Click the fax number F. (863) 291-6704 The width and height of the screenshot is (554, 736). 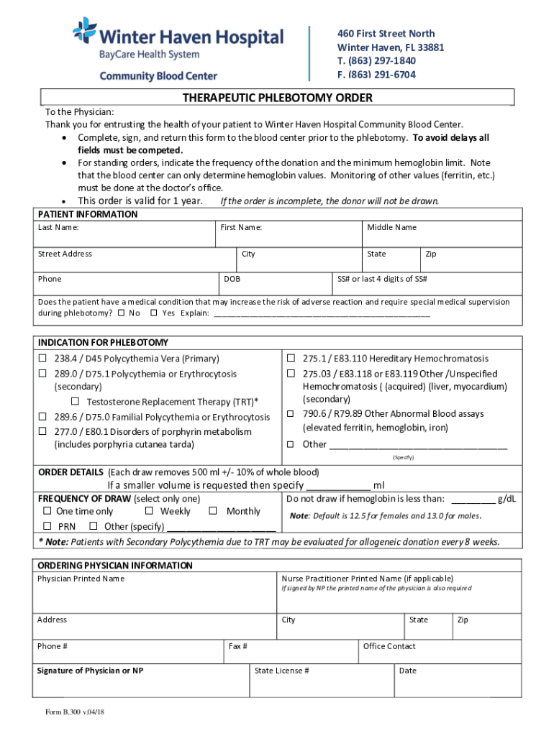coord(376,75)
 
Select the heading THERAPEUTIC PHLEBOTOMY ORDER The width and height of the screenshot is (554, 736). coord(277,98)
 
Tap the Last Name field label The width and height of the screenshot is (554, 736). coord(58,228)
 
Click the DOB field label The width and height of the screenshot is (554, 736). coord(232,279)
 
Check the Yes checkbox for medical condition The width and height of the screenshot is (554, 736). coord(154,313)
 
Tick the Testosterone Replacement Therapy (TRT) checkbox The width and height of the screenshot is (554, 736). coord(76,401)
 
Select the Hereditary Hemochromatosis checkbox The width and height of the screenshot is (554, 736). coord(291,358)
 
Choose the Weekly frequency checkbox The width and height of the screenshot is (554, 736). coord(149,511)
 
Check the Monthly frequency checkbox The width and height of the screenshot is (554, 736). coord(213,511)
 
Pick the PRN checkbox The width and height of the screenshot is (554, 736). coord(47,526)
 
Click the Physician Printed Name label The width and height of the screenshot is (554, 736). coord(81,579)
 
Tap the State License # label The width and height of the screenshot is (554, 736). coord(282,671)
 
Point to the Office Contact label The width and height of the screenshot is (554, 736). coord(389,646)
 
